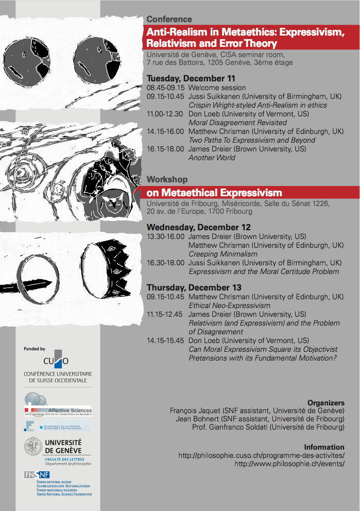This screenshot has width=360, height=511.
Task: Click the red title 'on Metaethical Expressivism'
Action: pyautogui.click(x=214, y=193)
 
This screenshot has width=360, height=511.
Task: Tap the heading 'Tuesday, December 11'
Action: pyautogui.click(x=191, y=78)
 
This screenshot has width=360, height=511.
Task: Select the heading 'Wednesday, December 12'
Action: pyautogui.click(x=198, y=227)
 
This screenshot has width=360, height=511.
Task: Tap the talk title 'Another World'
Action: pyautogui.click(x=212, y=158)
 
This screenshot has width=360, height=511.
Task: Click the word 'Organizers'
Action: pyautogui.click(x=325, y=402)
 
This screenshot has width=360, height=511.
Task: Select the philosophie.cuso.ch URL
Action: pyautogui.click(x=261, y=455)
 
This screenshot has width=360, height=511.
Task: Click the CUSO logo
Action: pyautogui.click(x=57, y=360)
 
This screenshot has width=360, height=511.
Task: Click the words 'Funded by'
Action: pyautogui.click(x=35, y=349)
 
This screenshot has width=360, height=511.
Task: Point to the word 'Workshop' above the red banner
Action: pyautogui.click(x=167, y=179)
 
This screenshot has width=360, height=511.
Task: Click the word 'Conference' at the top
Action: pyautogui.click(x=169, y=19)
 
